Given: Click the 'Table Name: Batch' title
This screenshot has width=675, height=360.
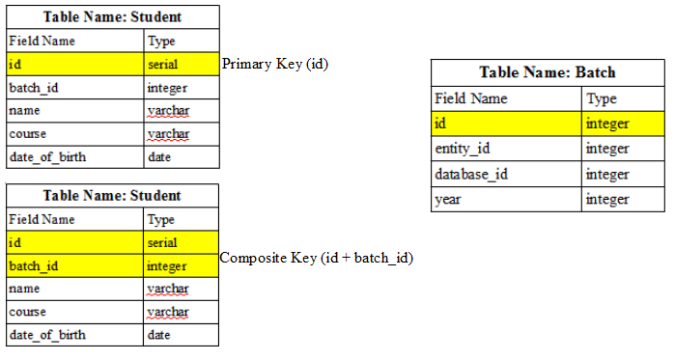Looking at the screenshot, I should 548,72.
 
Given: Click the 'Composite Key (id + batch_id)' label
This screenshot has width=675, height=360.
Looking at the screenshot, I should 317,258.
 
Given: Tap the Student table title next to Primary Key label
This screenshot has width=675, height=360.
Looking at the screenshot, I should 112,17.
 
